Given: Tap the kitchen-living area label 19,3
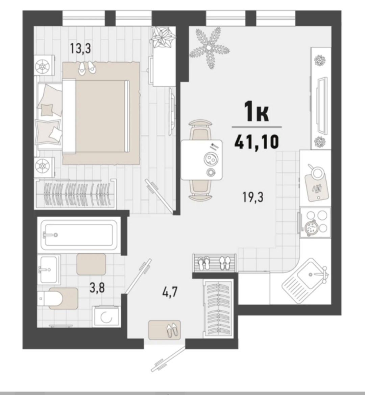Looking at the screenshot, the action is coord(253,197).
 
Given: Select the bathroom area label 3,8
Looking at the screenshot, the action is coord(97,288).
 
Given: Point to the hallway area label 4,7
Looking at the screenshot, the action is coord(170,292).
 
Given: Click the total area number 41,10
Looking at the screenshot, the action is coord(256,141).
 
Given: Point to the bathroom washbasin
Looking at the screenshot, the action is coord(49,269).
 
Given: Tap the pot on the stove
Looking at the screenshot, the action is coord(311,228).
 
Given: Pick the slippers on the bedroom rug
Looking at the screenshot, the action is coord(87,67).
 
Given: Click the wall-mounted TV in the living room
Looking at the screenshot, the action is coord(322,105).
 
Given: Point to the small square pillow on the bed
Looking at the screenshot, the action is coord(47,110).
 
